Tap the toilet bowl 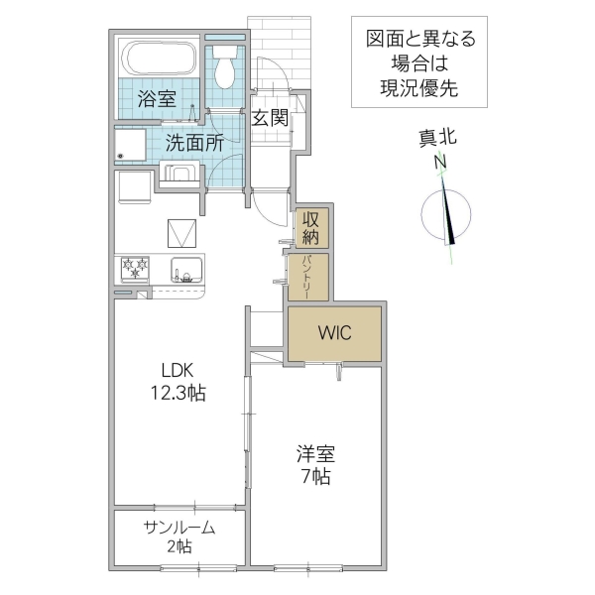[x=225, y=65]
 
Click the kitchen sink [x=185, y=269]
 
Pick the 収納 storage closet [x=311, y=228]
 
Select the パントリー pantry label [x=306, y=278]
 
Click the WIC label [x=334, y=333]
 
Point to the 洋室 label [x=316, y=455]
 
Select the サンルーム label [x=178, y=527]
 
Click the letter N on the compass [x=441, y=162]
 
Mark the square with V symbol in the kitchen [x=182, y=234]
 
